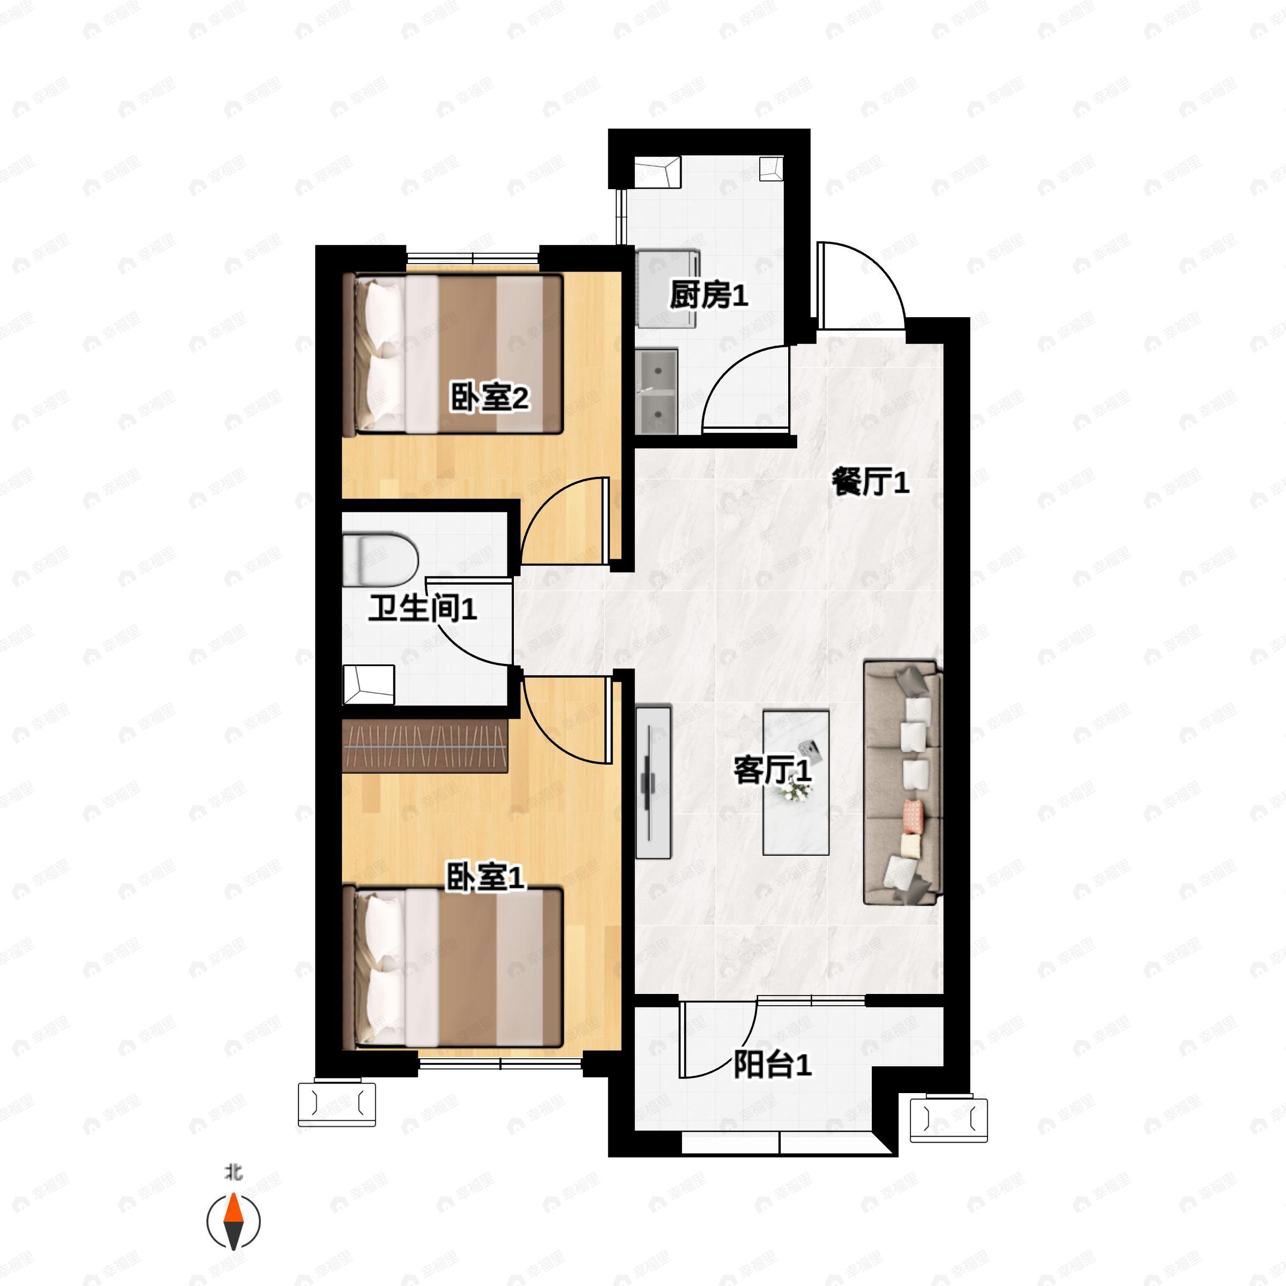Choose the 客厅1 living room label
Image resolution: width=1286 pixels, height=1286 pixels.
coord(772,770)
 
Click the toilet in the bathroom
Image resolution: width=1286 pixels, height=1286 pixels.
coord(380,559)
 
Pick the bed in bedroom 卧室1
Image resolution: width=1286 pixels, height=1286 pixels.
coord(453,967)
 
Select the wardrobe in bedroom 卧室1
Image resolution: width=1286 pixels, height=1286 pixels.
coord(425,745)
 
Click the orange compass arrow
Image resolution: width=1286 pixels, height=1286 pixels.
coord(233,1212)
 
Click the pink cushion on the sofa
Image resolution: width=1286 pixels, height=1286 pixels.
coord(913,816)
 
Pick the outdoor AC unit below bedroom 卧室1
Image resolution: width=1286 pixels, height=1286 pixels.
coord(337,1104)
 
